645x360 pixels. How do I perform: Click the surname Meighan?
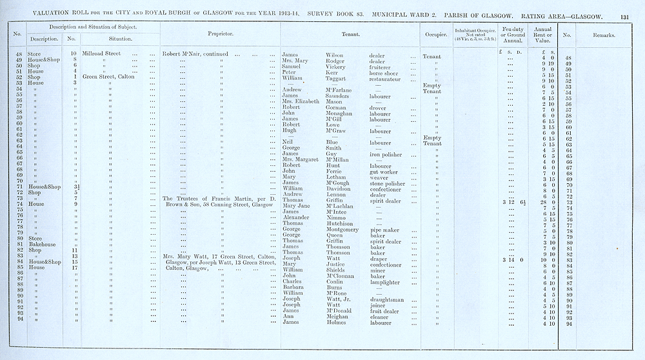pos(338,317)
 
